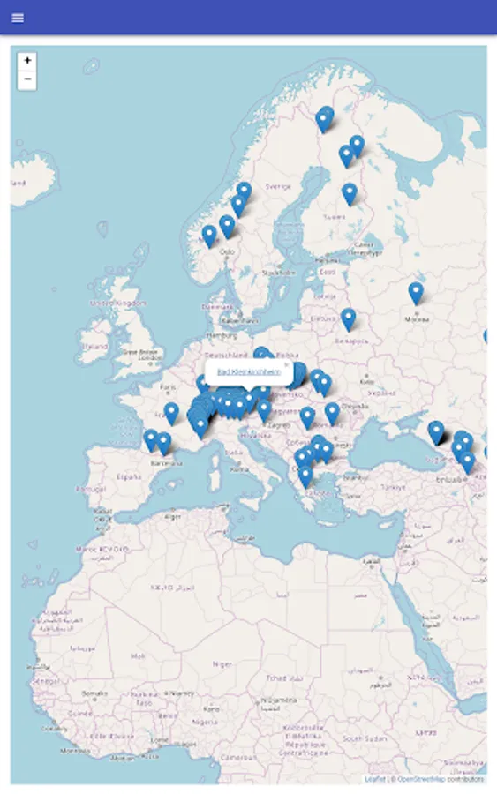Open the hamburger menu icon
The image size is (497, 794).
(x=18, y=18)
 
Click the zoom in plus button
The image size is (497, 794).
(x=27, y=61)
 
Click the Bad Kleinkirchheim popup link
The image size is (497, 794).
(x=249, y=372)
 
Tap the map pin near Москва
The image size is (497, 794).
(x=416, y=292)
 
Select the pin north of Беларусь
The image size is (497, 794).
(x=349, y=318)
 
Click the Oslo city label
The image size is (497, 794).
(x=228, y=252)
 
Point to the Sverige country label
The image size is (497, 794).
(x=279, y=187)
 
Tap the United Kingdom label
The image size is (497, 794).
(x=118, y=303)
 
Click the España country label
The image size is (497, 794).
(x=130, y=476)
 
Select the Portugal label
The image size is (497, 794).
(x=90, y=488)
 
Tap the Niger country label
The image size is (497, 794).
(x=223, y=664)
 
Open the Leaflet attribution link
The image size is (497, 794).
(x=375, y=779)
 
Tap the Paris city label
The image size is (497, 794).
(x=169, y=386)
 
